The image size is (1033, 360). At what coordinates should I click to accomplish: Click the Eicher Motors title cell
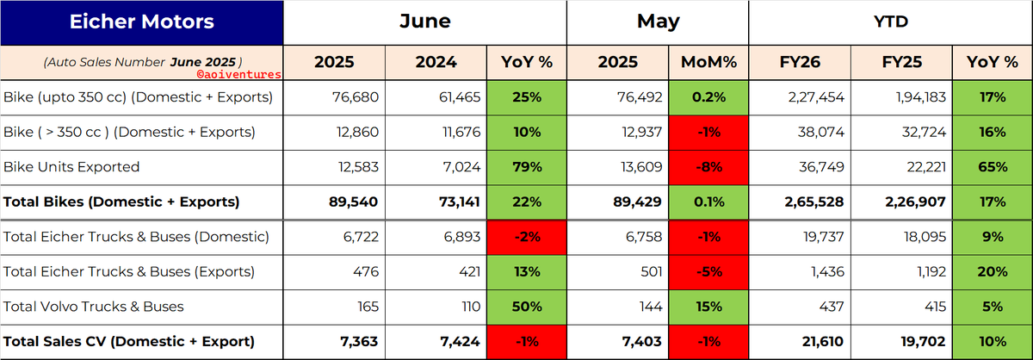coord(141,22)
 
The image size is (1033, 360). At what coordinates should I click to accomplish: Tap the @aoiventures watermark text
coord(239,74)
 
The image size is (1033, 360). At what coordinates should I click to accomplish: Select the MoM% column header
coord(708,62)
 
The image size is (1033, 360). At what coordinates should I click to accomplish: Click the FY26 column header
coord(800,62)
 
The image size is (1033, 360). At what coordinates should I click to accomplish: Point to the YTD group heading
coord(890,22)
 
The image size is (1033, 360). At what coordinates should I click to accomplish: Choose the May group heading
coord(658,22)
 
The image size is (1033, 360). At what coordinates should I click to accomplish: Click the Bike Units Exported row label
coord(71,166)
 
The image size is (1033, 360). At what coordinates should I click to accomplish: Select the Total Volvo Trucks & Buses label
coord(94,307)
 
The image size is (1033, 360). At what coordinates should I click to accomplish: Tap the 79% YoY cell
coord(527,167)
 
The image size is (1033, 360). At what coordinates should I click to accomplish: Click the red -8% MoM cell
coord(708,167)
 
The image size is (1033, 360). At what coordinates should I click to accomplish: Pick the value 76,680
coord(355,97)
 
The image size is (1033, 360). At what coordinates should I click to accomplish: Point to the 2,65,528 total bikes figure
coord(814,202)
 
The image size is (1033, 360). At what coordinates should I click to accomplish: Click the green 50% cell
coord(527,307)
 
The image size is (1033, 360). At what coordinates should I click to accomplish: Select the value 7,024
coord(461,167)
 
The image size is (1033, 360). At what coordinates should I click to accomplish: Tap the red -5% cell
coord(708,272)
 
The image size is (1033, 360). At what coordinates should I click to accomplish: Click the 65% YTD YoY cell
coord(993,167)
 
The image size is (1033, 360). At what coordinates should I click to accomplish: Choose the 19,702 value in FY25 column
coord(923,342)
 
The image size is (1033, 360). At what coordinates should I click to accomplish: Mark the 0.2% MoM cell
coord(708,97)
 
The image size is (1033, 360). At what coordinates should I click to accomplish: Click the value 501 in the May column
coord(651,272)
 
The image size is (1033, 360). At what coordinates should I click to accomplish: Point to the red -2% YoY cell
coord(527,237)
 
